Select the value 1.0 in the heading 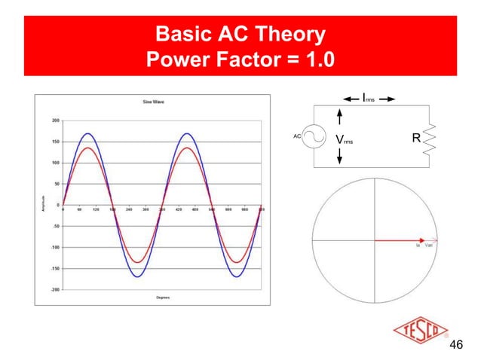pos(315,59)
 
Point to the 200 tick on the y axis pos(55,121)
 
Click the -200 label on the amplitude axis pos(54,289)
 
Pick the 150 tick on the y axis pos(55,142)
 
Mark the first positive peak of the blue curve pos(88,133)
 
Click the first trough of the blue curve pos(138,276)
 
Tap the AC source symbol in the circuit pos(314,139)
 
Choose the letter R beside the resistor pos(415,139)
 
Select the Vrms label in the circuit pos(343,140)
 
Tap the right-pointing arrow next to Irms pos(387,98)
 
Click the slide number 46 pos(455,346)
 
